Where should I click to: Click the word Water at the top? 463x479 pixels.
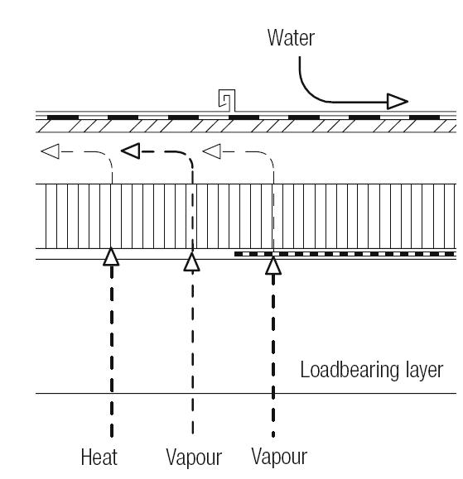(291, 37)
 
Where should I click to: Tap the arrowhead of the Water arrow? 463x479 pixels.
(398, 102)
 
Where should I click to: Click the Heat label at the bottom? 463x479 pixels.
(99, 457)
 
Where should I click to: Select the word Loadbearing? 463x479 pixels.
(350, 371)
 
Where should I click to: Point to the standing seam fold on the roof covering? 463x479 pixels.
(227, 100)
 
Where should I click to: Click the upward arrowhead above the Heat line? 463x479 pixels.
(111, 256)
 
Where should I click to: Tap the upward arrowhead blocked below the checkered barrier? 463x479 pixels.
(273, 266)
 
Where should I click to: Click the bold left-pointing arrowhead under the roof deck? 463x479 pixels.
(131, 151)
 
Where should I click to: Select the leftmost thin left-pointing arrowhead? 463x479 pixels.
(51, 151)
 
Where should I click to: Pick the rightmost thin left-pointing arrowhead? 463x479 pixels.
(212, 151)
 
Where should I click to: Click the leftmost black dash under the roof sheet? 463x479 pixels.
(63, 117)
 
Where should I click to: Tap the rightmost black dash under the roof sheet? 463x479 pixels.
(424, 117)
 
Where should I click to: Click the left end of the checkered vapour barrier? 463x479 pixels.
(235, 254)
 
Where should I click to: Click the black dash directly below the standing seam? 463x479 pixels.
(244, 117)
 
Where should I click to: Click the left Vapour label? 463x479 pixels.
(194, 457)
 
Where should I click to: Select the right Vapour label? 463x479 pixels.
(279, 457)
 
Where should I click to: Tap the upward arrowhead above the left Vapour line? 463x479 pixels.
(192, 262)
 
